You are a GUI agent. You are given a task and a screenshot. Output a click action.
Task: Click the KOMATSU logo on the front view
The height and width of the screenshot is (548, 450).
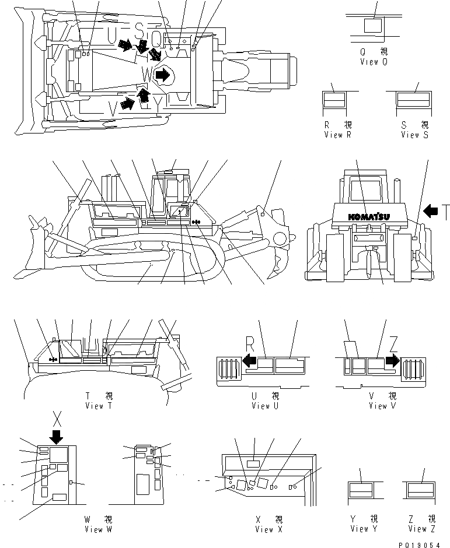pos(369,216)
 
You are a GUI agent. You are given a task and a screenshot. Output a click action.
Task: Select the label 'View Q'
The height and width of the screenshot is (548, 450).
pos(373,61)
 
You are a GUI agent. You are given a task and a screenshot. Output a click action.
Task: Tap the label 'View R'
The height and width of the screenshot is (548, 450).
pos(337,135)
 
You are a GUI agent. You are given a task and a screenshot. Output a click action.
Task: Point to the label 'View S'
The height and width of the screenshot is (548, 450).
pos(414,135)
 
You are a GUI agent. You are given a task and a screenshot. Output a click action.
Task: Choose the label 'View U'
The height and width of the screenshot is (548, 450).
pos(260,406)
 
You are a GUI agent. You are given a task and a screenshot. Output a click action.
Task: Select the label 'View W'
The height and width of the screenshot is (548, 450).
pos(97,529)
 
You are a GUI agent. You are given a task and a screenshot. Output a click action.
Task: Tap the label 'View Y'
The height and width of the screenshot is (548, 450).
pos(360,529)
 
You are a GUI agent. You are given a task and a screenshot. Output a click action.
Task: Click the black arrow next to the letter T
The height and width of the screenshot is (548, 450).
pos(431,211)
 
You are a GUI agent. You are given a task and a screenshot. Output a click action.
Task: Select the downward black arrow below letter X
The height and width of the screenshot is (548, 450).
pos(57,436)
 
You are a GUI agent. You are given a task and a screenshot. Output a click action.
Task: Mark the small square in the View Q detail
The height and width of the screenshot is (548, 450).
pos(372,26)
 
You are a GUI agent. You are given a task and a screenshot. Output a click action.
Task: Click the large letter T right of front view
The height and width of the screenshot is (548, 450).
pos(445,212)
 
